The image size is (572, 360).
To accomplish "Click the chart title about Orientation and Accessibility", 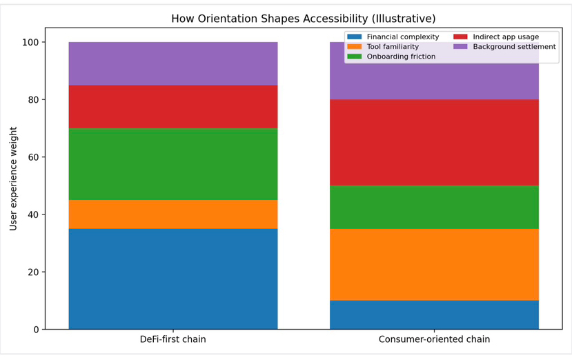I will click(304, 19).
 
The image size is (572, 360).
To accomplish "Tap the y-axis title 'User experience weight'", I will click(14, 179).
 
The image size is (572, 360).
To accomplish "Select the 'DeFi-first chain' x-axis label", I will click(173, 339).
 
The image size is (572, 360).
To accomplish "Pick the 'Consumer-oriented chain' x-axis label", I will click(434, 339).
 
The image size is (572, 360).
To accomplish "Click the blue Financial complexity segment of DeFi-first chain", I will click(173, 279).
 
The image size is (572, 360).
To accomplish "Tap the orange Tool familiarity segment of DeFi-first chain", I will click(173, 214).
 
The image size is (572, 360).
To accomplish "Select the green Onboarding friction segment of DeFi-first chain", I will click(173, 164).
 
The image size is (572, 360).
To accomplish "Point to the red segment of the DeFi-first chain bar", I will click(173, 107).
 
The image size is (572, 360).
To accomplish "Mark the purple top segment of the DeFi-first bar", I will click(173, 63).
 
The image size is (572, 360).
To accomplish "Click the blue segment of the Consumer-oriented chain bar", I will click(434, 314).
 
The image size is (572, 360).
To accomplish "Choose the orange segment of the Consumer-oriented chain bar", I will click(434, 264).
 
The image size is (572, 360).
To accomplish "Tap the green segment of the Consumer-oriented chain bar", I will click(434, 207).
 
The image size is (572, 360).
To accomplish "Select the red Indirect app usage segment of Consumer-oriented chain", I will click(434, 143).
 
